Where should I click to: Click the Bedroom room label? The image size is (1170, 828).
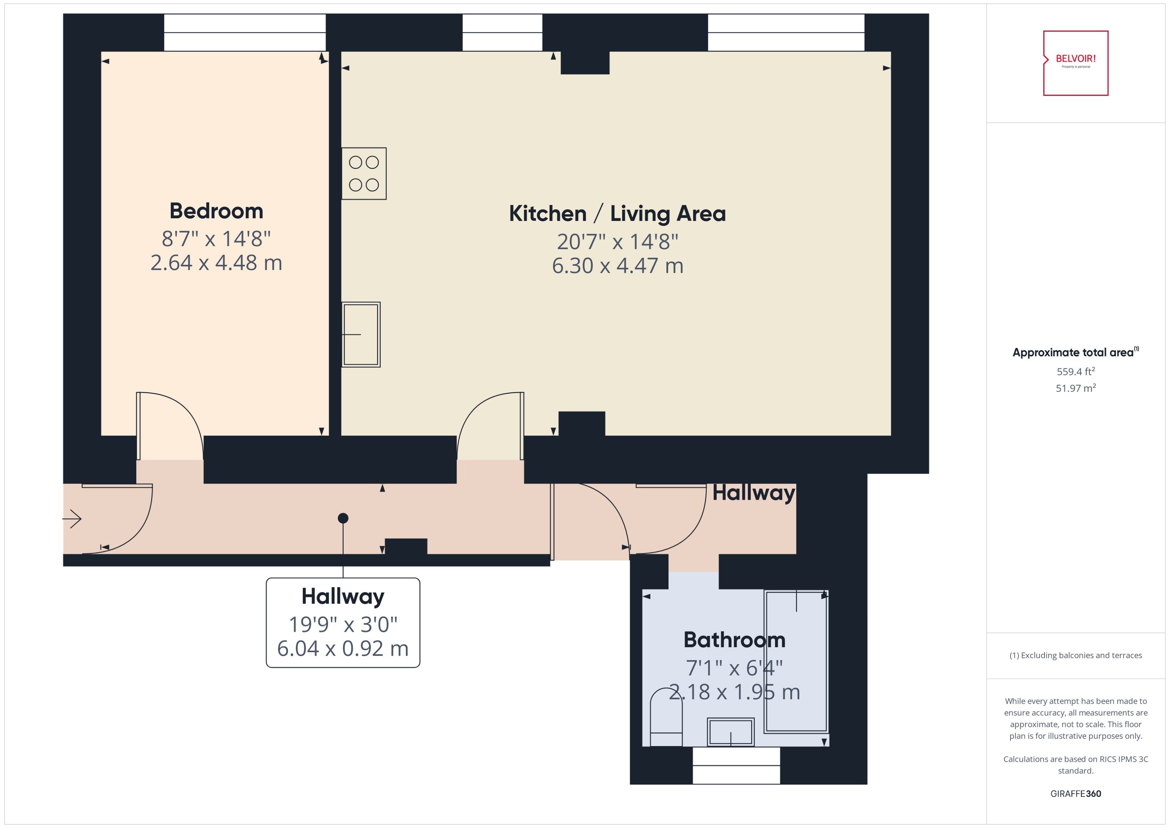pyautogui.click(x=216, y=211)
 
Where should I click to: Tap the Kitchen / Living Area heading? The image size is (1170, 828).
pyautogui.click(x=617, y=214)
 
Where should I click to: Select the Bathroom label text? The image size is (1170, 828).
pyautogui.click(x=734, y=640)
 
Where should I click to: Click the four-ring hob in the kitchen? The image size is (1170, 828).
pyautogui.click(x=363, y=174)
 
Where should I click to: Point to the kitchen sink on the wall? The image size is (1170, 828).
pyautogui.click(x=361, y=335)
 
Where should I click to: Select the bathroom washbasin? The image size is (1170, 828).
pyautogui.click(x=730, y=732)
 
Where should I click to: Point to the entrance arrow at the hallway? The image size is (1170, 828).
pyautogui.click(x=73, y=519)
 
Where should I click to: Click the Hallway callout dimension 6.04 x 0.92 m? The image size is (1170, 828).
pyautogui.click(x=343, y=648)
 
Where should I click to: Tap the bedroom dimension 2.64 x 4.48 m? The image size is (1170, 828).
pyautogui.click(x=216, y=263)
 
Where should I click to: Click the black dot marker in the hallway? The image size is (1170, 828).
pyautogui.click(x=343, y=518)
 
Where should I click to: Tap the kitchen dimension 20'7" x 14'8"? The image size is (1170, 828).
pyautogui.click(x=617, y=242)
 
